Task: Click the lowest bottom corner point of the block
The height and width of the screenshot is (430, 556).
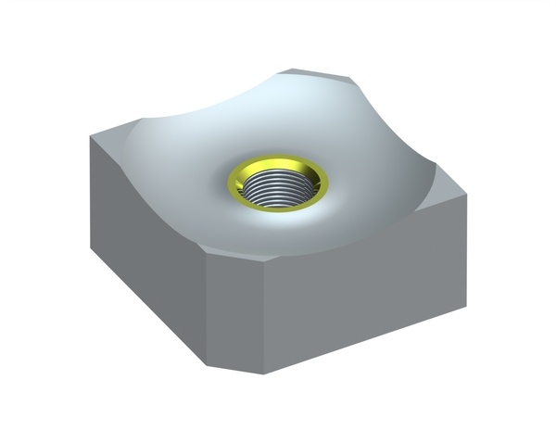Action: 263,373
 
